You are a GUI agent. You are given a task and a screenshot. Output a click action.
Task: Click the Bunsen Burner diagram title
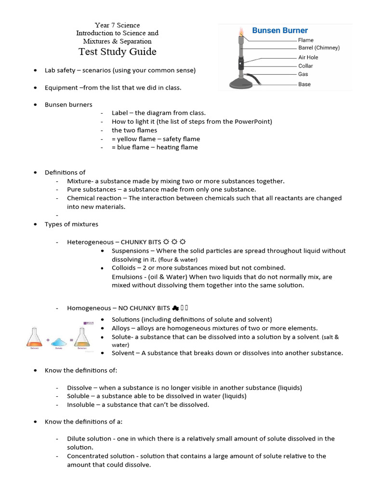tap(280, 30)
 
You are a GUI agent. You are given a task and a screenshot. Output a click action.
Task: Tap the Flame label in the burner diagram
tap(305, 40)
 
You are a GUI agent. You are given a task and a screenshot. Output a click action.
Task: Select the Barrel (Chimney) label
tap(318, 48)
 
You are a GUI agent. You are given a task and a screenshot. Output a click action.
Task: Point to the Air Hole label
tap(308, 57)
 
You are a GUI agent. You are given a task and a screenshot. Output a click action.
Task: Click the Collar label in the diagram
tap(305, 66)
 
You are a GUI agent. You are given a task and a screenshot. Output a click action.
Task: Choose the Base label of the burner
tap(304, 84)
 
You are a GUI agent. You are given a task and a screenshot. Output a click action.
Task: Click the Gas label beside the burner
tap(303, 74)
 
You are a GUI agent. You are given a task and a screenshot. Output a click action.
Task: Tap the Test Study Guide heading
tap(118, 52)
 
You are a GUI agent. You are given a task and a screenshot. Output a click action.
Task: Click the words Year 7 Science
tap(117, 25)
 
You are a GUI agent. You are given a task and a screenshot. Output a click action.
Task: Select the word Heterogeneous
tap(90, 242)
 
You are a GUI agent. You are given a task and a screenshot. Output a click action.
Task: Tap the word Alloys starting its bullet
tap(120, 328)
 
